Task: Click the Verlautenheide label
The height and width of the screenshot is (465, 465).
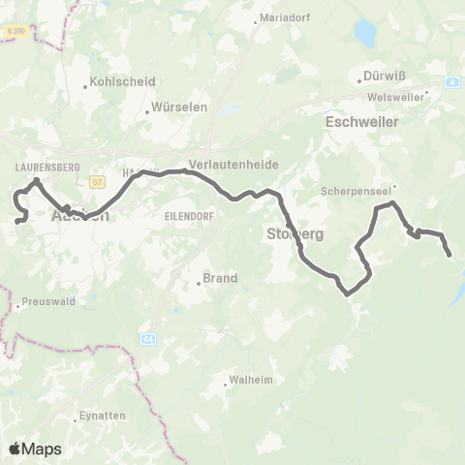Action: [233, 165]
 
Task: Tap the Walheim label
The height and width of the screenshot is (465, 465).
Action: [250, 380]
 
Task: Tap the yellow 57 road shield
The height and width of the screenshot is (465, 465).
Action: [97, 181]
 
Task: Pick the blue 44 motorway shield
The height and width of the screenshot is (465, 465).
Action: [147, 339]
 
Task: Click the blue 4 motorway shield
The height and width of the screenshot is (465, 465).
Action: [453, 82]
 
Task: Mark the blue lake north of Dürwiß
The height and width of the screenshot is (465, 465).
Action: [365, 35]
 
